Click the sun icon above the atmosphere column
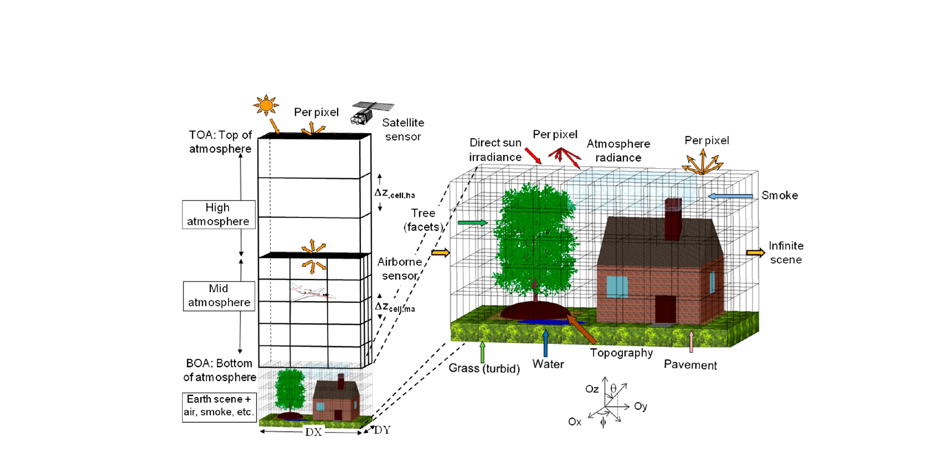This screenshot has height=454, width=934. pos(266,106)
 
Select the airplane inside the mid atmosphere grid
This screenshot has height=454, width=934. pos(312,292)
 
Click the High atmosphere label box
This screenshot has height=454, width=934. pos(218,214)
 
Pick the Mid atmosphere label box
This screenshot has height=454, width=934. pos(219,296)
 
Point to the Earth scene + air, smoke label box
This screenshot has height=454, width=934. pos(219,405)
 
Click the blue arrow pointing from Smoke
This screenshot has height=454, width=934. pos(730,196)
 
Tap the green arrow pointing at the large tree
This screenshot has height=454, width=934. pos(473,223)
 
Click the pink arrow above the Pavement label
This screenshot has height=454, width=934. pos(691,342)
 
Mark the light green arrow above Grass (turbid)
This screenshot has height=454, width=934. pos(482,352)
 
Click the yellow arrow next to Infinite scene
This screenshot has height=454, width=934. pos(755,253)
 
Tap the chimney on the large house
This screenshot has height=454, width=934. pos(673,219)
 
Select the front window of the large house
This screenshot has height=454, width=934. pos(617,287)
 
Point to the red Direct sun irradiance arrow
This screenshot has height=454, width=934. pos(533,155)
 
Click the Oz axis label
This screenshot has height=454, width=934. pos(592,389)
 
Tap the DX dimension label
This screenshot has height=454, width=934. pos(313,432)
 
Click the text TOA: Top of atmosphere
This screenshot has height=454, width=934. pos(220,142)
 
